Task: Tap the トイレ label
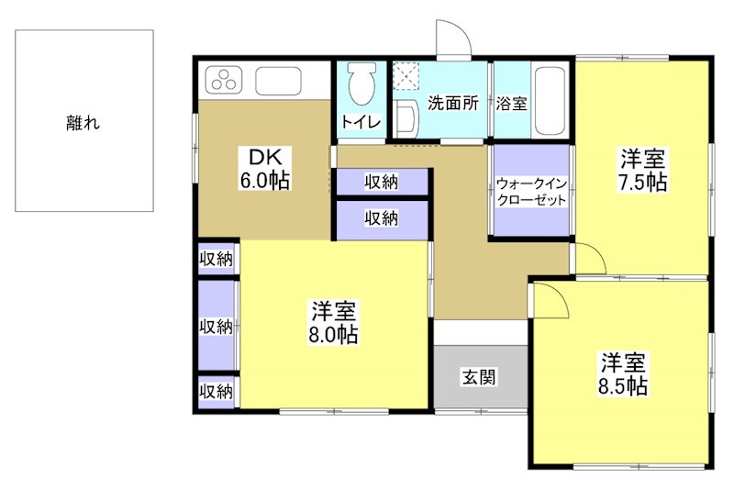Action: tap(361, 121)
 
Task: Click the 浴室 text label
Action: tap(511, 103)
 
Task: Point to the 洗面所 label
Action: tap(453, 103)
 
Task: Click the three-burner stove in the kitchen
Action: tap(223, 81)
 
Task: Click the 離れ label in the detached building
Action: tap(83, 122)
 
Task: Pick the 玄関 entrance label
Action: tap(479, 376)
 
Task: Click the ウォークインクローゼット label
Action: tap(529, 192)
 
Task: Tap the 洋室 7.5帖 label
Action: tap(641, 169)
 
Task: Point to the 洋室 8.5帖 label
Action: tap(625, 373)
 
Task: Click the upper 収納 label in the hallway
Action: tap(381, 182)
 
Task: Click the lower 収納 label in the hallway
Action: tap(381, 217)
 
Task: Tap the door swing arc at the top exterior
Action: tap(451, 37)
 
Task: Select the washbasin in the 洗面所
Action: tap(407, 117)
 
